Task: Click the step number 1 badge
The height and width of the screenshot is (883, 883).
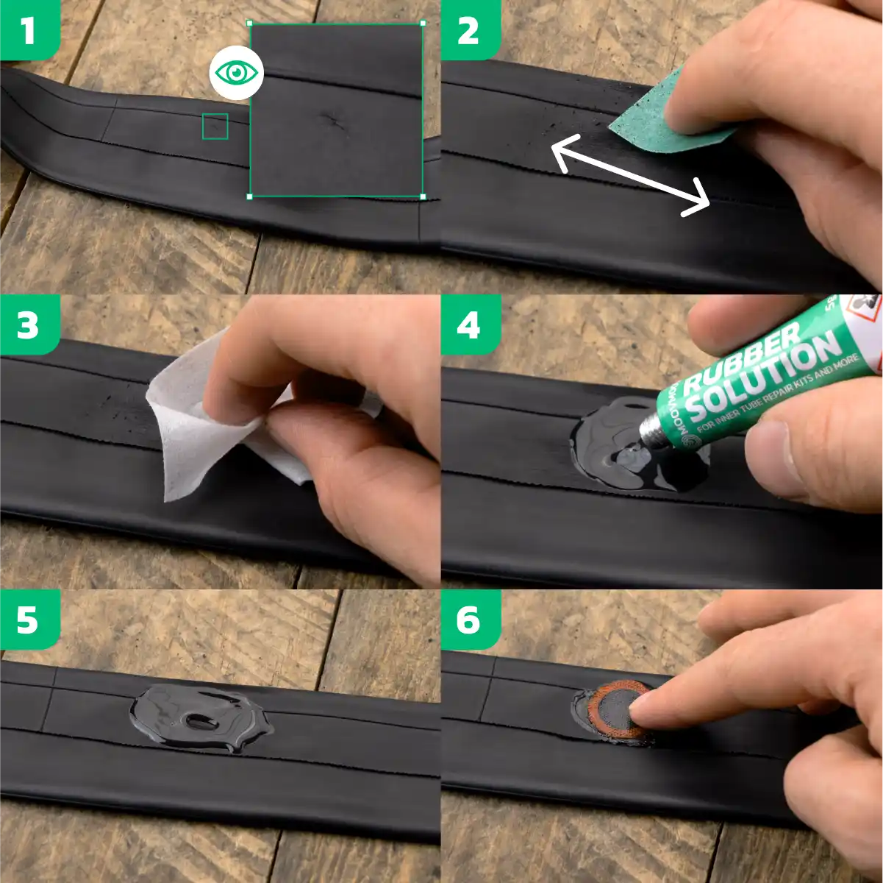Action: [28, 30]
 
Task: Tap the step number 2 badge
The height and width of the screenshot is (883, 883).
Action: [469, 30]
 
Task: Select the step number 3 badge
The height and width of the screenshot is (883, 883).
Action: [28, 325]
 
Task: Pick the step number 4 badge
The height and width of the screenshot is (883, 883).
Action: [469, 325]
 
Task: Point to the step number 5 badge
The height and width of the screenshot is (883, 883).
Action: [28, 620]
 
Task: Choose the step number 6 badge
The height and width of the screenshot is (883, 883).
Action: [469, 620]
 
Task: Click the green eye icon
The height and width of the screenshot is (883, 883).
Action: [236, 73]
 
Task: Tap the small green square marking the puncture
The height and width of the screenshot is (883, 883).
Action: [215, 127]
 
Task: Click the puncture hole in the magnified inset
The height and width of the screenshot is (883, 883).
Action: [332, 120]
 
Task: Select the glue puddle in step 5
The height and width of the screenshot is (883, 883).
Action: [199, 717]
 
